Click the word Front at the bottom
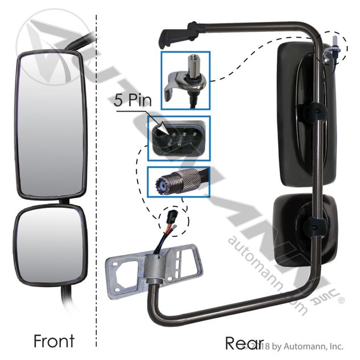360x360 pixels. (x=54, y=341)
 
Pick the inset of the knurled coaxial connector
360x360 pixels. (x=178, y=181)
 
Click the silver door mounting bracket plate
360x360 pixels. (x=154, y=264)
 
